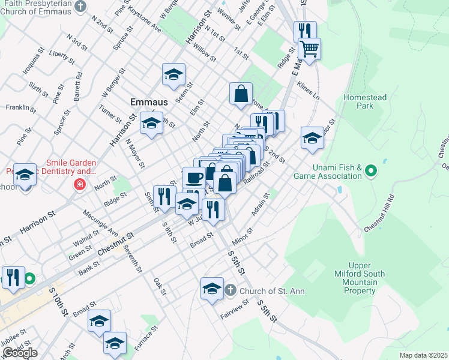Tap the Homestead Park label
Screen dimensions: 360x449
pos(364,101)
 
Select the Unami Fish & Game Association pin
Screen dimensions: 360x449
pos(371,172)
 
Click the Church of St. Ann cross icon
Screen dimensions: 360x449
pos(231,291)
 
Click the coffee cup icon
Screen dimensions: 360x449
pos(194,177)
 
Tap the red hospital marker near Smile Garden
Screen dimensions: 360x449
pos(79,184)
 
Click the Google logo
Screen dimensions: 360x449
pos(20,353)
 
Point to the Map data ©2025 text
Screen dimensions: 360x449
pos(423,355)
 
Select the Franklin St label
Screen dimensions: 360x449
pos(17,108)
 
